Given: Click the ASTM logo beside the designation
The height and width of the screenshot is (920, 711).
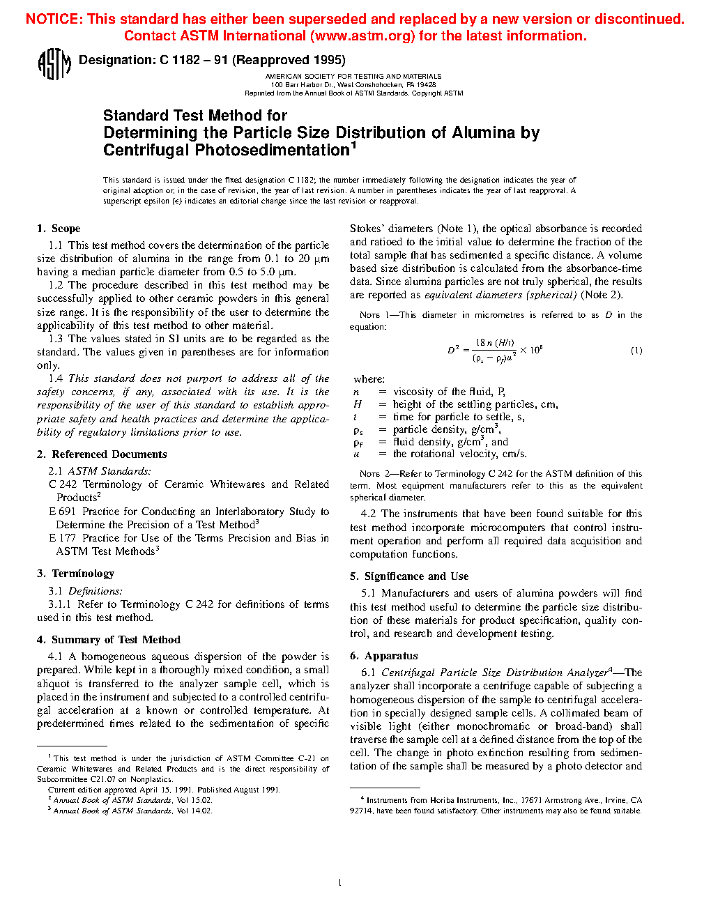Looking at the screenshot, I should tap(54, 64).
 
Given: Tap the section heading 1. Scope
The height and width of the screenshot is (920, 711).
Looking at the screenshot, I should tap(59, 229).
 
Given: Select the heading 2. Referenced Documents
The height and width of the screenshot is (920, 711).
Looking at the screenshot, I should tap(102, 454).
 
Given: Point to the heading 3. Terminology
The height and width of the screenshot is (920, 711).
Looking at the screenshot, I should tap(75, 574).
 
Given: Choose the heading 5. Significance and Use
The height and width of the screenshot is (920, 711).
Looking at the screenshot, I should tap(409, 576).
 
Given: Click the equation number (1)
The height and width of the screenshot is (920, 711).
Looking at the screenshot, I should tap(636, 351).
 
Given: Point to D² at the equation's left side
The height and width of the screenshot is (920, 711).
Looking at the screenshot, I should tap(453, 350).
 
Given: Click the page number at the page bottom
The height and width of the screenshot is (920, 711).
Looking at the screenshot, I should tap(339, 883).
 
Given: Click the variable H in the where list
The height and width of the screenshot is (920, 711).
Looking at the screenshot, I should tap(358, 404).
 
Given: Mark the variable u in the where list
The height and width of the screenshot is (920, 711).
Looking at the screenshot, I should tap(357, 454).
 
